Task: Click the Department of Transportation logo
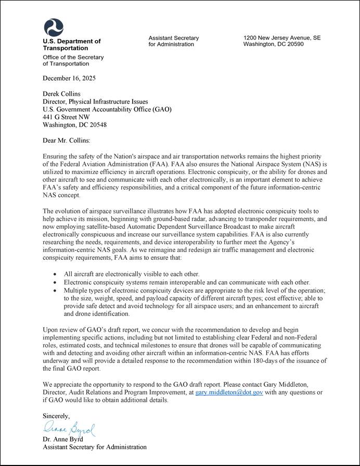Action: point(53,27)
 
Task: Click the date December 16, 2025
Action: point(69,78)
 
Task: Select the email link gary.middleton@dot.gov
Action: point(229,392)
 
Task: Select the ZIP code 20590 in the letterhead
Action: point(294,44)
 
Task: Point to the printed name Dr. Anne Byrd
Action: point(64,439)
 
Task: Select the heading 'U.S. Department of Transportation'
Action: point(72,44)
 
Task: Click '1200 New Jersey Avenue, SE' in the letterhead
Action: point(281,38)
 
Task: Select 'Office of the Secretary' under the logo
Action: point(73,57)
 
